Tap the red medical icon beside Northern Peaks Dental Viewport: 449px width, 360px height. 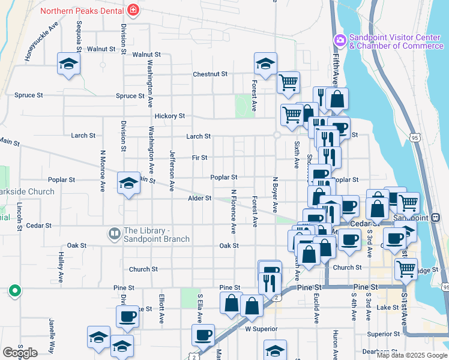[x=133, y=10]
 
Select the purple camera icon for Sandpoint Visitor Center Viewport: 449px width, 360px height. [x=340, y=40]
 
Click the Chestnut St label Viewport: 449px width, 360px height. [x=210, y=74]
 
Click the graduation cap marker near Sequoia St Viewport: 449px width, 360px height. [x=69, y=64]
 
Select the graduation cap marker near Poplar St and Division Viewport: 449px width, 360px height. [x=128, y=183]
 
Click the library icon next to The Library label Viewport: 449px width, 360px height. [x=113, y=232]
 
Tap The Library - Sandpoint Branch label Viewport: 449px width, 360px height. [x=157, y=235]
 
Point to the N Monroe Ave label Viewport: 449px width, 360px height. [x=103, y=170]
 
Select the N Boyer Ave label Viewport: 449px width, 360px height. [x=276, y=194]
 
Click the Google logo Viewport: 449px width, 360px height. [x=20, y=353]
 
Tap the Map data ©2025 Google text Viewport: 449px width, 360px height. [x=411, y=355]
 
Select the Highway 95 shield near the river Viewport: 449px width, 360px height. [x=414, y=137]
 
